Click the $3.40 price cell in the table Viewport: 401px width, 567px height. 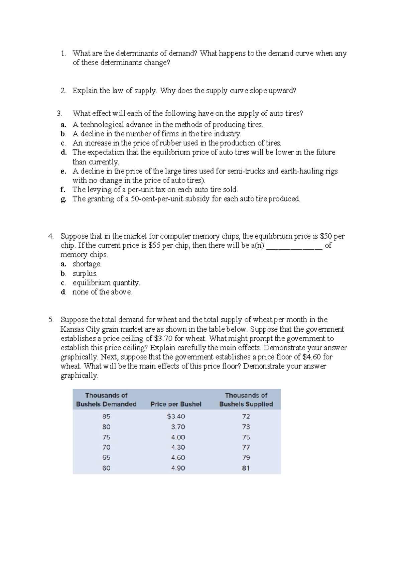pos(176,417)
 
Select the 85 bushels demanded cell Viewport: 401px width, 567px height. pos(106,417)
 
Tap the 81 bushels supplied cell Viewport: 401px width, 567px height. pos(246,468)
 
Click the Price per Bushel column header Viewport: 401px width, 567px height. pos(176,404)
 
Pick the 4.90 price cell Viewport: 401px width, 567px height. pos(178,468)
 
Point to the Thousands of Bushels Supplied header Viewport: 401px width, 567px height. pos(246,400)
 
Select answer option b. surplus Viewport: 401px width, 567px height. pos(85,273)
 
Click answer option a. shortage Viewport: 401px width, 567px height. pos(87,264)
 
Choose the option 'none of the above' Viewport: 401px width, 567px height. pos(102,292)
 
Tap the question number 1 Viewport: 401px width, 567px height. pos(63,53)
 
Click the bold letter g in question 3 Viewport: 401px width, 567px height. pos(63,200)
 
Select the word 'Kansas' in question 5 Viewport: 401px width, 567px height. pos(71,329)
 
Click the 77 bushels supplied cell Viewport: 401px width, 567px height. pos(246,447)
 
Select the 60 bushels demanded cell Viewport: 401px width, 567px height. pos(106,468)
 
